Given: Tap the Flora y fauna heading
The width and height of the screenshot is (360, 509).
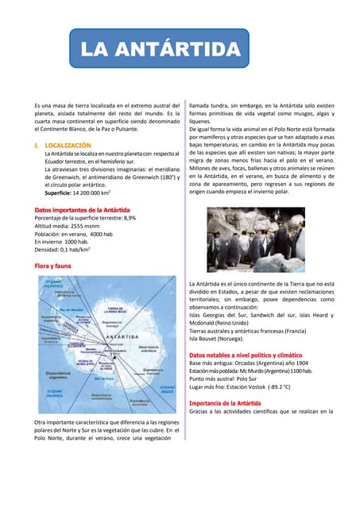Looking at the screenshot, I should click(49, 264).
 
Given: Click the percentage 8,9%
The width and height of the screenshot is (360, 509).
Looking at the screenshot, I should click(130, 218).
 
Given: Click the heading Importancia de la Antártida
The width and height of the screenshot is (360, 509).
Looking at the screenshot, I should click(225, 402).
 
